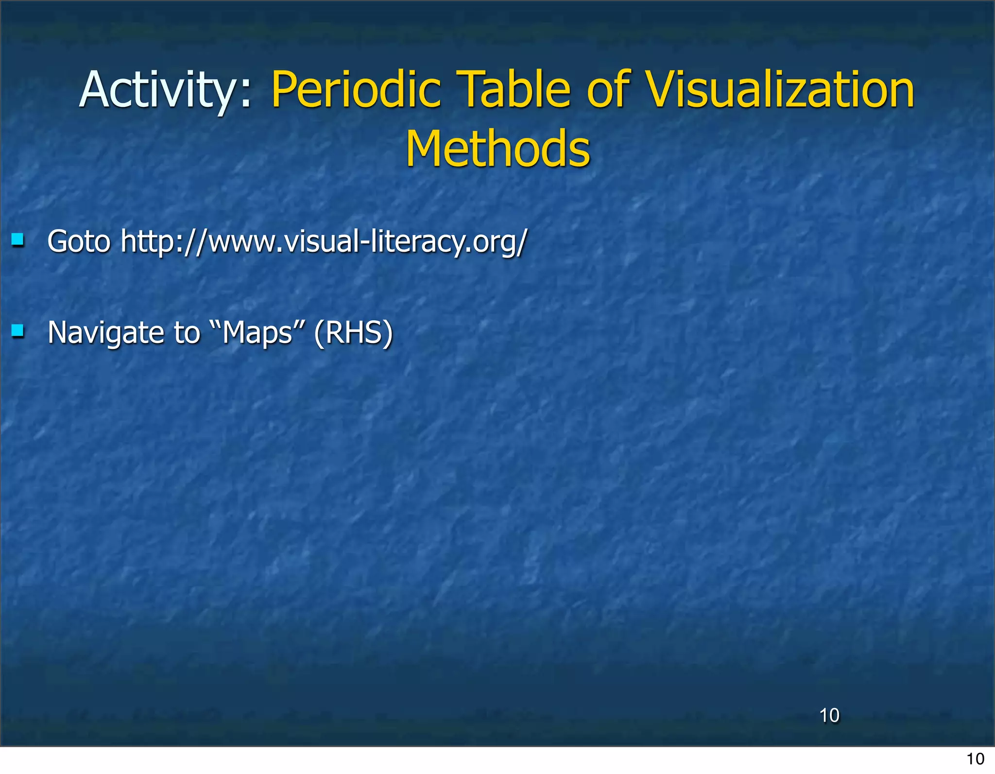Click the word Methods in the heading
498,149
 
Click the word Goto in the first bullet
79,241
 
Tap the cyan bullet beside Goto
18,240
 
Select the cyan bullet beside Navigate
18,331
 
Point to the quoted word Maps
257,333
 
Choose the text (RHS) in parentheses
353,333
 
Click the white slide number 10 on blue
829,716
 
